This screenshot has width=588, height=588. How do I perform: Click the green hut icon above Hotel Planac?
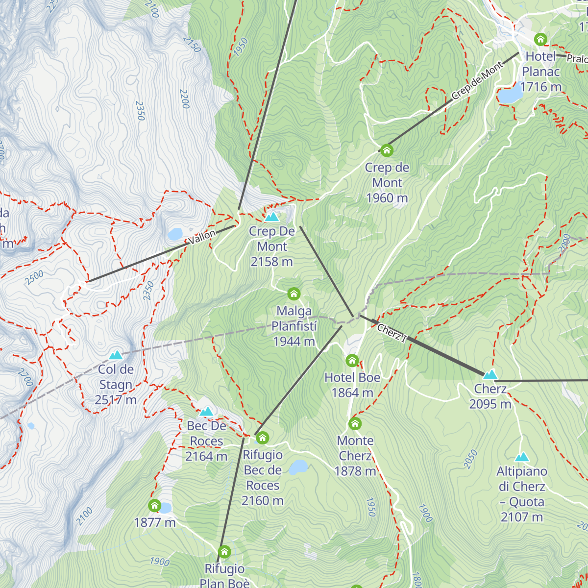click(540, 39)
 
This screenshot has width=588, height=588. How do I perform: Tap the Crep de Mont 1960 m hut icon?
click(387, 150)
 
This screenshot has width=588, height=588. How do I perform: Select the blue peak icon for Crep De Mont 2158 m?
click(271, 217)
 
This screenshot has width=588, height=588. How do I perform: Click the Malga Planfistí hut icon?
click(294, 294)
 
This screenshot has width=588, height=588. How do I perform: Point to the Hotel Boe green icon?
click(352, 361)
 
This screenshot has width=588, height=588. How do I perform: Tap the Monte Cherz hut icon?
click(355, 423)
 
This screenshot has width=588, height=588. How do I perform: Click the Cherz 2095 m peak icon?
click(490, 375)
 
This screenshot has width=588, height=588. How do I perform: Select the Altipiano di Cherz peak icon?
click(521, 457)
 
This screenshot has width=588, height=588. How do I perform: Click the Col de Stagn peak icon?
click(116, 355)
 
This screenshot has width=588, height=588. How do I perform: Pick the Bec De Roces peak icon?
click(206, 412)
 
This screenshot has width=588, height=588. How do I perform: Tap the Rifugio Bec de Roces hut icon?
click(263, 438)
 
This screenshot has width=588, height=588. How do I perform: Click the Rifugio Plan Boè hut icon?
click(224, 552)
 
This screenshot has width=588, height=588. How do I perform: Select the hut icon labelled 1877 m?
click(154, 506)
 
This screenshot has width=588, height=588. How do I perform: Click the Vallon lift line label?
click(202, 237)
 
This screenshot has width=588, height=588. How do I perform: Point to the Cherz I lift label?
click(392, 333)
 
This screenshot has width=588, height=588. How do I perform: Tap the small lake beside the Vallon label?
click(175, 234)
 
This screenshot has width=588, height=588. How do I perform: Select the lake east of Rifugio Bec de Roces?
click(297, 467)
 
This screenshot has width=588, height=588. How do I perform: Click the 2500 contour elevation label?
click(34, 277)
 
